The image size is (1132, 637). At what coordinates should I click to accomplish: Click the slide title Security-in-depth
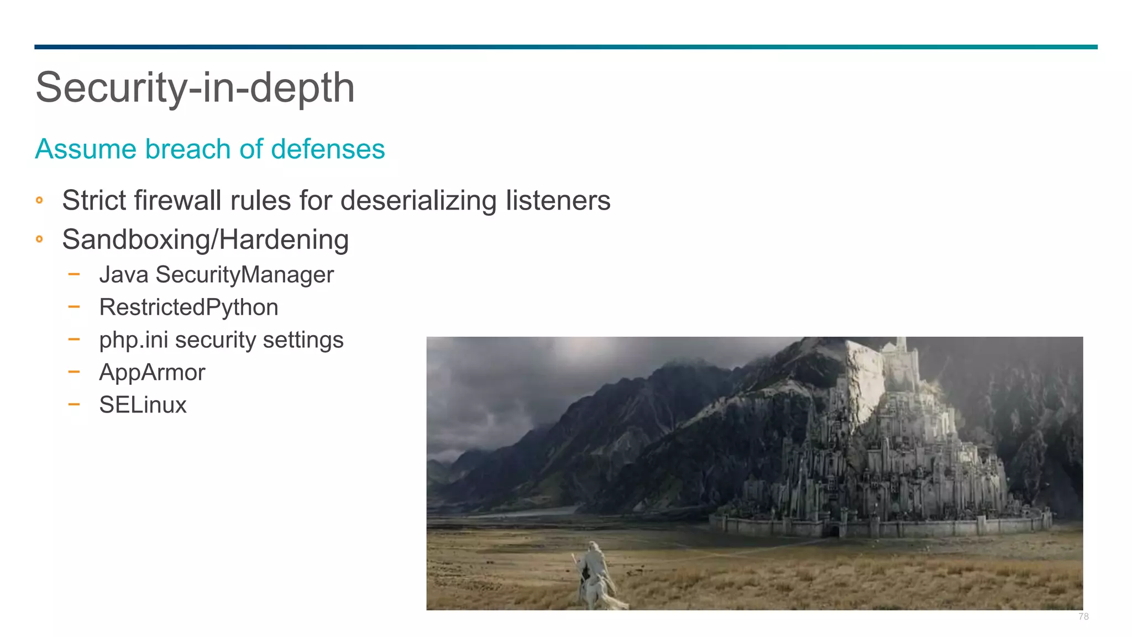point(195,87)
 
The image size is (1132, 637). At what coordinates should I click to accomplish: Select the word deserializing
point(418,200)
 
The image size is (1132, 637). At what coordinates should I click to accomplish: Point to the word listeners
point(558,200)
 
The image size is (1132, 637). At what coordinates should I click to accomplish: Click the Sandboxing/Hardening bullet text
point(205,239)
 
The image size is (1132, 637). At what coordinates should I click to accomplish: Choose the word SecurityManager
point(244,275)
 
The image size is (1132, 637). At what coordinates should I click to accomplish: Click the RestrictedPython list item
point(188,307)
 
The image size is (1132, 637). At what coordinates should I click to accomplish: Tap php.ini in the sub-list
point(133,340)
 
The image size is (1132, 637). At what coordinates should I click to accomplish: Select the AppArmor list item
point(152,372)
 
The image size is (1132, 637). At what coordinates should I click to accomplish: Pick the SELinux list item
point(143,405)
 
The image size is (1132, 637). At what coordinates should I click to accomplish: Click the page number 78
point(1083,617)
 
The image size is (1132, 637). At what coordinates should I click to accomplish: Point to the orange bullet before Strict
point(39,200)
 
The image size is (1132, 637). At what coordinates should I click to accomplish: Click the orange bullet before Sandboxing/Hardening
point(39,239)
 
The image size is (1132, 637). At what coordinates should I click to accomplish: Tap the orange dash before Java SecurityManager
point(74,274)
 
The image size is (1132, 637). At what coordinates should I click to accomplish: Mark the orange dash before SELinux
point(74,404)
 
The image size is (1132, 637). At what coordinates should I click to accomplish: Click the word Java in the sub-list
point(124,275)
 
